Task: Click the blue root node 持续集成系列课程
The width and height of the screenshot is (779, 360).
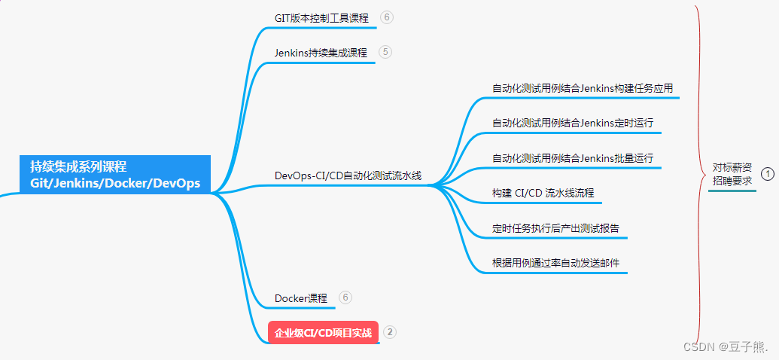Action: pos(115,175)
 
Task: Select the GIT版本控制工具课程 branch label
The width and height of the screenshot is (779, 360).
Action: pos(321,17)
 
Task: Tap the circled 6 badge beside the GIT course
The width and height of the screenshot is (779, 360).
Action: pos(387,17)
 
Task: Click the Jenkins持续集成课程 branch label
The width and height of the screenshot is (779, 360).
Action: pos(321,53)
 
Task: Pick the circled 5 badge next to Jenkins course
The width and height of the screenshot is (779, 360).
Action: pos(385,52)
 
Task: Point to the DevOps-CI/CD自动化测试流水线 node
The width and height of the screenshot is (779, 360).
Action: pos(348,176)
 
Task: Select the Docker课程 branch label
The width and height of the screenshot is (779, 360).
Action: pos(300,298)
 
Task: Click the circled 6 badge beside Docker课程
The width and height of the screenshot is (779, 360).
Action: pos(345,297)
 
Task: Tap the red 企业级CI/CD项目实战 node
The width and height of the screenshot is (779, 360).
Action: pos(323,332)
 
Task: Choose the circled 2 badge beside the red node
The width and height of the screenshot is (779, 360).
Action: pos(390,331)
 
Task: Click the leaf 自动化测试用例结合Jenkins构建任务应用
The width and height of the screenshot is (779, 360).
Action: pos(583,89)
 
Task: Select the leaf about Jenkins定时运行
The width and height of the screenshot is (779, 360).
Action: pos(573,123)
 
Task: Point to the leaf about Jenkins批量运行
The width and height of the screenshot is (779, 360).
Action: pos(573,158)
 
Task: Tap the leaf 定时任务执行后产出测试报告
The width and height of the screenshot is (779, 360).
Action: pos(555,228)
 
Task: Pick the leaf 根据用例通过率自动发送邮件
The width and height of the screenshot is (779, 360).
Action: pos(555,264)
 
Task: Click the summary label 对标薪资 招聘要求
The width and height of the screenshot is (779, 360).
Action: pos(732,174)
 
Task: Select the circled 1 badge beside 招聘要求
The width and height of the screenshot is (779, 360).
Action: pos(768,174)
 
